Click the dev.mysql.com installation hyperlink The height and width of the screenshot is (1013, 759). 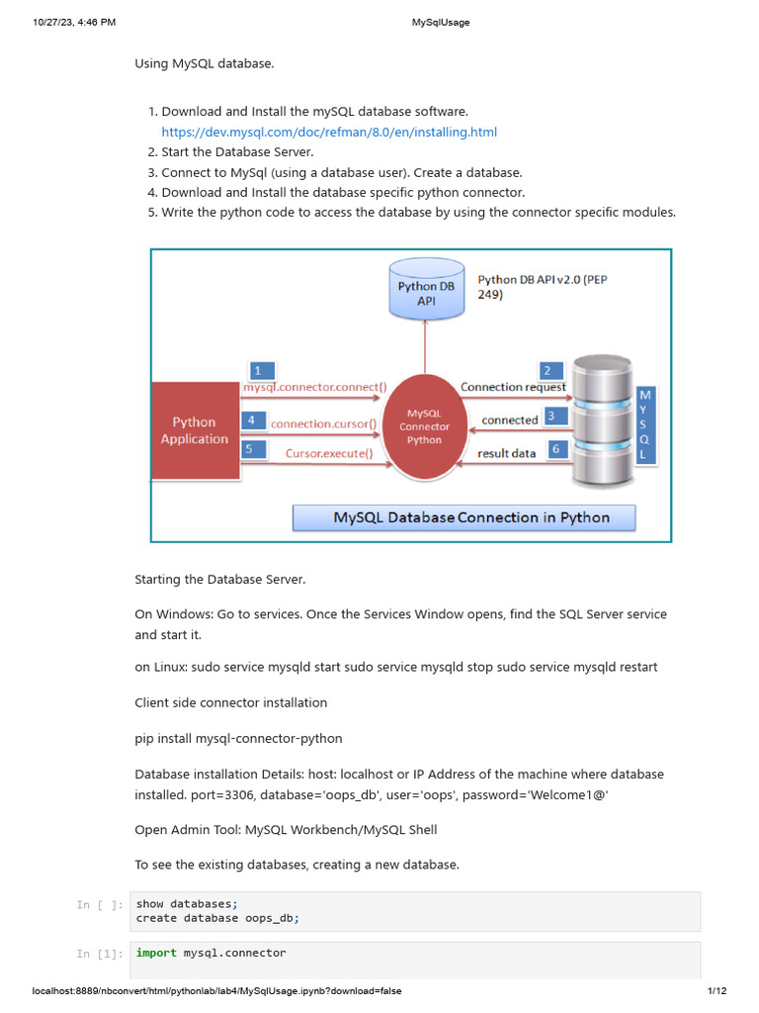tap(329, 132)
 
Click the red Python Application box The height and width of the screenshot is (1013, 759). tap(195, 430)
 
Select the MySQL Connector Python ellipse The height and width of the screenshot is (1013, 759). tap(424, 426)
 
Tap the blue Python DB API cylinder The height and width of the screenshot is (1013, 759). tap(426, 289)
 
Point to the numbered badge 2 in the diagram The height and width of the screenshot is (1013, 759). tap(547, 371)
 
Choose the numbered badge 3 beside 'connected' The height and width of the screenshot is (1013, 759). tap(557, 417)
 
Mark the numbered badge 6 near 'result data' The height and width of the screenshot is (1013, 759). tap(555, 449)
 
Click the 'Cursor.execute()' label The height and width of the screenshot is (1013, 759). tap(329, 454)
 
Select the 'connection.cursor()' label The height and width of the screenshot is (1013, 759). tap(323, 423)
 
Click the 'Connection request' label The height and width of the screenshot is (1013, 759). tap(513, 387)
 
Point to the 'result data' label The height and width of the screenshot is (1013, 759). tap(506, 454)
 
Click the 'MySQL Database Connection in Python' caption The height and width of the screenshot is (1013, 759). tap(470, 517)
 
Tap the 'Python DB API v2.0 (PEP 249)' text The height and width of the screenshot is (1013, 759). tap(543, 287)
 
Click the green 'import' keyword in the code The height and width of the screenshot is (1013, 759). tap(156, 953)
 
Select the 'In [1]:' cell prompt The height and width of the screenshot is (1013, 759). tap(100, 954)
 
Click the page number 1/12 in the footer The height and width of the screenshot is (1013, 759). tap(717, 991)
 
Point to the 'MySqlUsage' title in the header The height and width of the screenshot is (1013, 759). tap(441, 22)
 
